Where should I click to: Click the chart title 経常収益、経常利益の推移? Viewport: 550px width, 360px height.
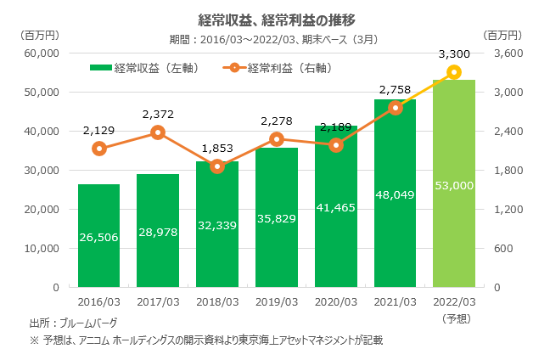pos(275,19)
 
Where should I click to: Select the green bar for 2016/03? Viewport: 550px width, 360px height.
pos(98,246)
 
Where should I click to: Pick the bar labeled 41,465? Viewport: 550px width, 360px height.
pos(335,238)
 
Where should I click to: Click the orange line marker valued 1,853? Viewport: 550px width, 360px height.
pos(217,166)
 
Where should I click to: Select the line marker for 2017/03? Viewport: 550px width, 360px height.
pos(158,132)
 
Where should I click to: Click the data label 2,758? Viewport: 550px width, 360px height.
pos(395,89)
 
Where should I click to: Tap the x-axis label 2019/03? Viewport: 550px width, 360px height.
pos(276,301)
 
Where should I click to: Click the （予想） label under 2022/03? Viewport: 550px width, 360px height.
pos(453,318)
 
